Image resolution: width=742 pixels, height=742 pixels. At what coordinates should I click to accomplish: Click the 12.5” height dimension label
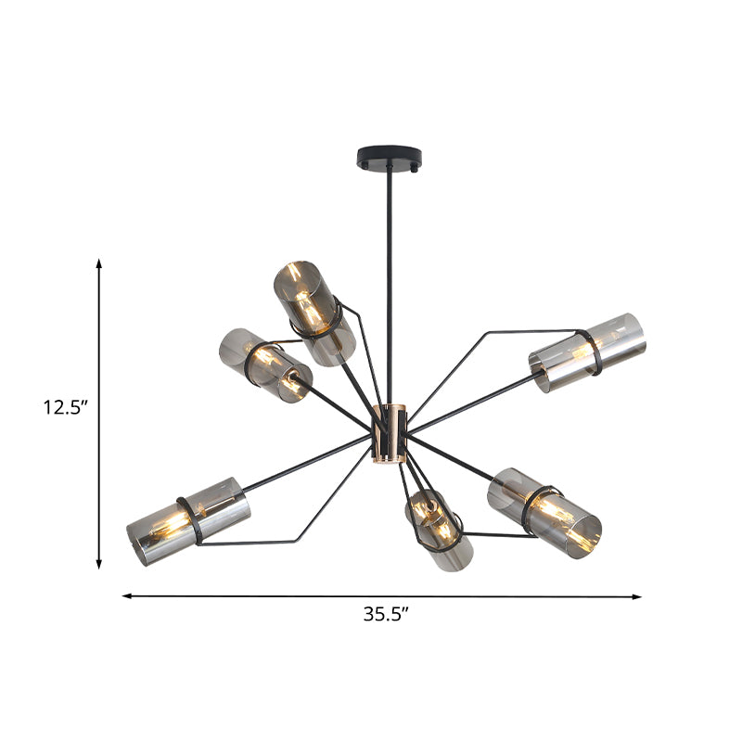pos(66,407)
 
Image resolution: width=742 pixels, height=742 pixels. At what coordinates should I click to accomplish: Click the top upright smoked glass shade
pos(313,312)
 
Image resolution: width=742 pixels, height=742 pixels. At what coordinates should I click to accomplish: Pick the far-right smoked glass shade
pos(587,352)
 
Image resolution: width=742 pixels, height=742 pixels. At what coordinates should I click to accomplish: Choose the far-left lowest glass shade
pos(188,521)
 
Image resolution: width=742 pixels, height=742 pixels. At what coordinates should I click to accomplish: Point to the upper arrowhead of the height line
pos(99,265)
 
